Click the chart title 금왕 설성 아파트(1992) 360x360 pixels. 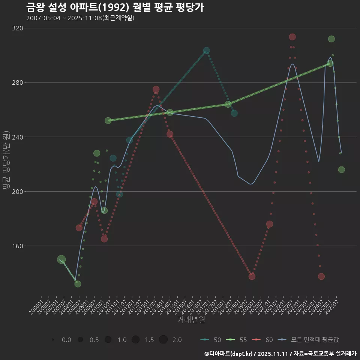(115, 7)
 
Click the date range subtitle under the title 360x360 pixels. (80, 18)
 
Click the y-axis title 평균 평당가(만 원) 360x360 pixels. (6, 160)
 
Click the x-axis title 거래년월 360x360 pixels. (191, 320)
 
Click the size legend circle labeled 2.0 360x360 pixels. (163, 340)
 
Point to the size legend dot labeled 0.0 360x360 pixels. (53, 340)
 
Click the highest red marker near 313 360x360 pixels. (292, 37)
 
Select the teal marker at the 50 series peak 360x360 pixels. (207, 50)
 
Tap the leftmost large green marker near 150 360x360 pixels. (61, 259)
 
